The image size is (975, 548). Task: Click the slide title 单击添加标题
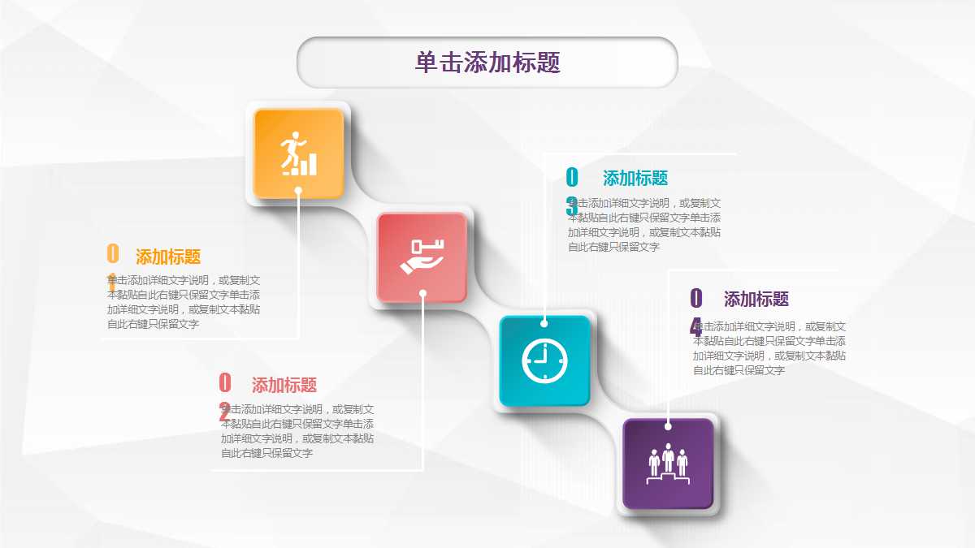tap(487, 63)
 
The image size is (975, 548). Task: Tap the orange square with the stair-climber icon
tap(298, 153)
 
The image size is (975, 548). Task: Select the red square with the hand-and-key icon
tap(422, 256)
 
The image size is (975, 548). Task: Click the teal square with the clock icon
tap(544, 360)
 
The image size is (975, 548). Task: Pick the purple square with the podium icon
tap(668, 463)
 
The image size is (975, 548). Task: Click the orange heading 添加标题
tap(168, 257)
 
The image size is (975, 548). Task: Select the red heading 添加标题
tap(284, 386)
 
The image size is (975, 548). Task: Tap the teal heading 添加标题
tap(635, 179)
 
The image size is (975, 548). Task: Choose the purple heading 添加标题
tap(756, 300)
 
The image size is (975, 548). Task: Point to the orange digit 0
tap(113, 254)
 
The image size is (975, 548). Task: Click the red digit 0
tap(225, 382)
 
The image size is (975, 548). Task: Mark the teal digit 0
tap(572, 177)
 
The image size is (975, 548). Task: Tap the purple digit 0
tap(696, 298)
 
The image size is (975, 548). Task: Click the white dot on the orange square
tap(298, 191)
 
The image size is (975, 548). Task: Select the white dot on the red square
tap(422, 293)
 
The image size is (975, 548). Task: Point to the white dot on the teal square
tap(544, 324)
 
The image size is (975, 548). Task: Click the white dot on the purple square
tap(668, 425)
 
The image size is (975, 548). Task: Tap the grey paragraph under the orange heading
tap(184, 301)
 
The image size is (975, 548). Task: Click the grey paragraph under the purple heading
tap(769, 348)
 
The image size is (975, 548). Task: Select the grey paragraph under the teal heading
tap(644, 225)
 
